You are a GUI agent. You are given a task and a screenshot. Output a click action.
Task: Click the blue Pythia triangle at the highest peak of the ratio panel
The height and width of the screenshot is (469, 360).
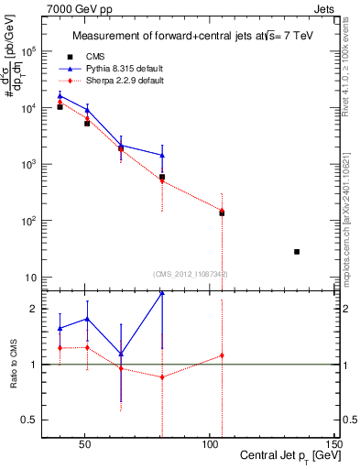click(x=162, y=292)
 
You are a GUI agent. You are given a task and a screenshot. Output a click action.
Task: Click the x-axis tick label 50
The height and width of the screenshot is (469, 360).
click(x=84, y=444)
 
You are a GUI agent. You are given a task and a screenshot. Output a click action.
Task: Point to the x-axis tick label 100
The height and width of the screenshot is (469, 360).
click(x=209, y=444)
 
